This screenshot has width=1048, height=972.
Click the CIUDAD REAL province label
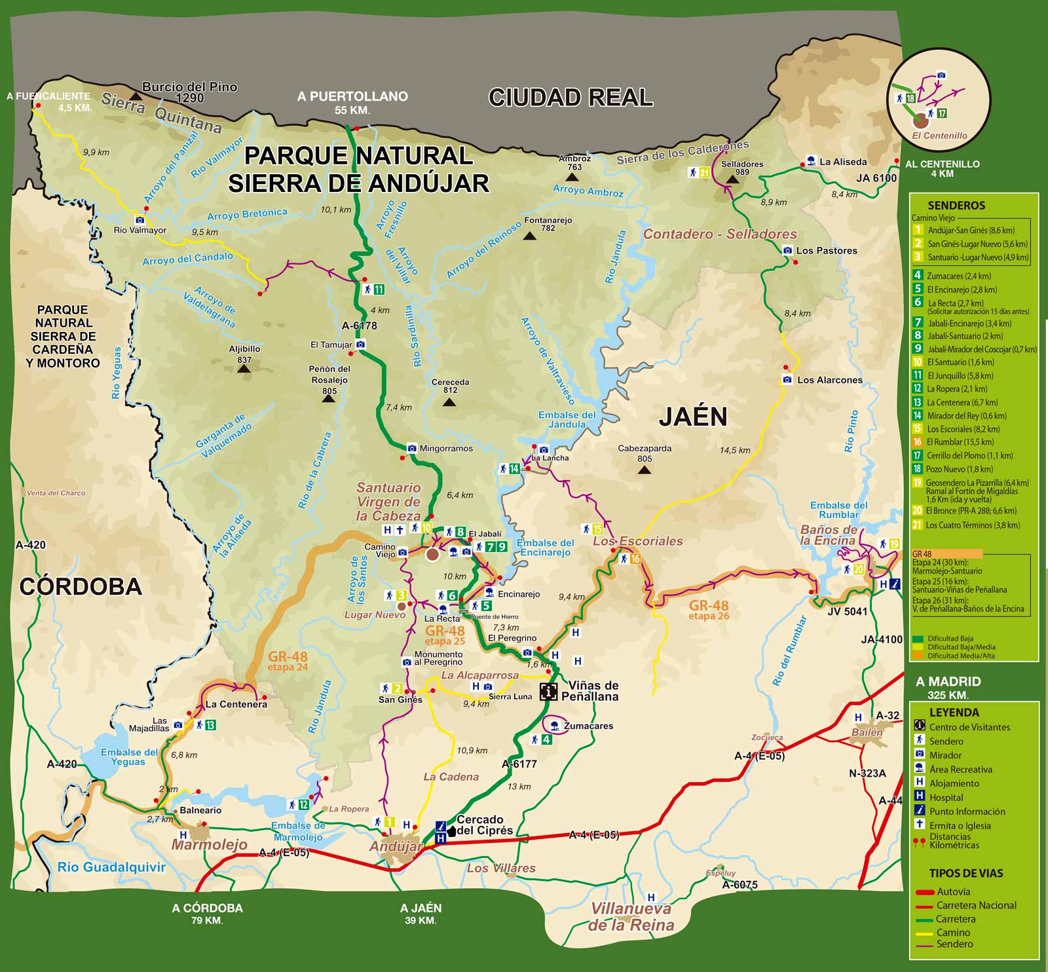[571, 98]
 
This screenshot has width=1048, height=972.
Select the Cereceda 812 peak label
[450, 386]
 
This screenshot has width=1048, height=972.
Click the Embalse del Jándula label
[567, 419]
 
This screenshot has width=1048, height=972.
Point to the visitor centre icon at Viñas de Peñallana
[548, 691]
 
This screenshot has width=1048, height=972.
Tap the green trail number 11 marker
[378, 290]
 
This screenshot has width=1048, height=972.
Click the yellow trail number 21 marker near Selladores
[705, 173]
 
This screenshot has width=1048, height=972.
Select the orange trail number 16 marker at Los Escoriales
[634, 559]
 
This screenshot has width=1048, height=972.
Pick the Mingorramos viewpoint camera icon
[412, 449]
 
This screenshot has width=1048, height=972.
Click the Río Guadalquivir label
[111, 867]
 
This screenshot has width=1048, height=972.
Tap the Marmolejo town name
[209, 845]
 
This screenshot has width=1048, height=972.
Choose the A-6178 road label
[359, 326]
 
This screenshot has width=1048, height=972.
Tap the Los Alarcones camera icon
[787, 380]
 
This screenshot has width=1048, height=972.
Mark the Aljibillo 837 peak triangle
[244, 369]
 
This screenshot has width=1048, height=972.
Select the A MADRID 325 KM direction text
[948, 687]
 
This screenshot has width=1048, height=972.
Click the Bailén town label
[867, 732]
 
